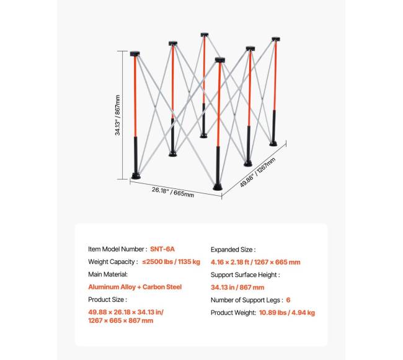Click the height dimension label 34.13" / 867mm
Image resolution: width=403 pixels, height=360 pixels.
click(x=118, y=115)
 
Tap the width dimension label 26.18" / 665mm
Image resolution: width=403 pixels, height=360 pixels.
click(x=173, y=192)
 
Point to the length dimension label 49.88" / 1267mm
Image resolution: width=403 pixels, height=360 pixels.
click(x=257, y=172)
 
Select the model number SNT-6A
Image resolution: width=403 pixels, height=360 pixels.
click(x=162, y=249)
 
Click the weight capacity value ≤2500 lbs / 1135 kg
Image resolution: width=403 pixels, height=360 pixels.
click(x=171, y=261)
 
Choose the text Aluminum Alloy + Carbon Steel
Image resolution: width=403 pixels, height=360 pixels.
click(x=135, y=287)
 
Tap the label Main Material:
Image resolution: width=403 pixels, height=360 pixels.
click(x=108, y=274)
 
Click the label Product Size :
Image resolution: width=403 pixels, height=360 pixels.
click(x=107, y=299)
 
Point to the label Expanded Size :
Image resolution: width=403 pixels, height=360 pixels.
click(x=233, y=250)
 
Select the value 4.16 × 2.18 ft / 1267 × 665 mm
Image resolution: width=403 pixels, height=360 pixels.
click(x=255, y=262)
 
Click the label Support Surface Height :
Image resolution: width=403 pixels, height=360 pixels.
click(x=245, y=274)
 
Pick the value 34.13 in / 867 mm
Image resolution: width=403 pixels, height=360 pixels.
click(x=237, y=288)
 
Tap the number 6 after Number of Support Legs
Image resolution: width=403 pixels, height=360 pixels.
click(x=288, y=300)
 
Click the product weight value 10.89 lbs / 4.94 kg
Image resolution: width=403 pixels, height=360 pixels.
click(x=287, y=312)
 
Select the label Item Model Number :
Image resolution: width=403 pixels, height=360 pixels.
click(x=118, y=249)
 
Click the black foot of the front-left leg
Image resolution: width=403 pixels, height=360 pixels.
click(x=136, y=176)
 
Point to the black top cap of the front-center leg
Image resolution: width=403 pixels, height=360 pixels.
click(x=220, y=60)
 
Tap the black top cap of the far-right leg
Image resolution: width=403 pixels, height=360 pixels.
click(x=276, y=39)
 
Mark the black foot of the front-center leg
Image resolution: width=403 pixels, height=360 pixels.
click(x=218, y=187)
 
